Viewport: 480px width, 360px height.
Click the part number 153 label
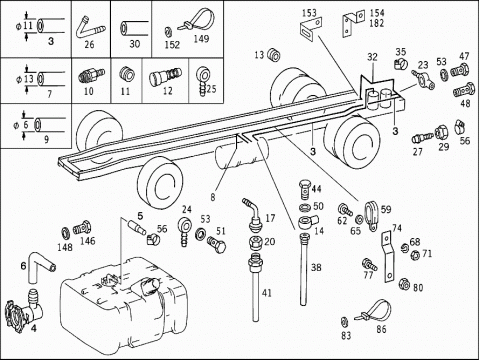(x=309, y=13)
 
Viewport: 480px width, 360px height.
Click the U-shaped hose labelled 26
(x=90, y=29)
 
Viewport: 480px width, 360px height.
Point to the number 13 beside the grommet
(x=259, y=55)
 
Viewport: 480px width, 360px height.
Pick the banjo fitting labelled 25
(x=202, y=81)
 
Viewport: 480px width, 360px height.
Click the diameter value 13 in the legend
(x=29, y=79)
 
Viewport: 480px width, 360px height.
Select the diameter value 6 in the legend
(x=26, y=125)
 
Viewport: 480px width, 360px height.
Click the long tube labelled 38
(x=303, y=269)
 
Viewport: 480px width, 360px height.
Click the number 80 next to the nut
(x=418, y=287)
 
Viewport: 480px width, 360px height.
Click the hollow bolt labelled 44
(x=304, y=189)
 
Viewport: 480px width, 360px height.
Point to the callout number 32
(x=372, y=57)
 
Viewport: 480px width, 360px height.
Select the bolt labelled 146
(x=82, y=228)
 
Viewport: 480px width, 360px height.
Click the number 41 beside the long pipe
(x=267, y=293)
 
